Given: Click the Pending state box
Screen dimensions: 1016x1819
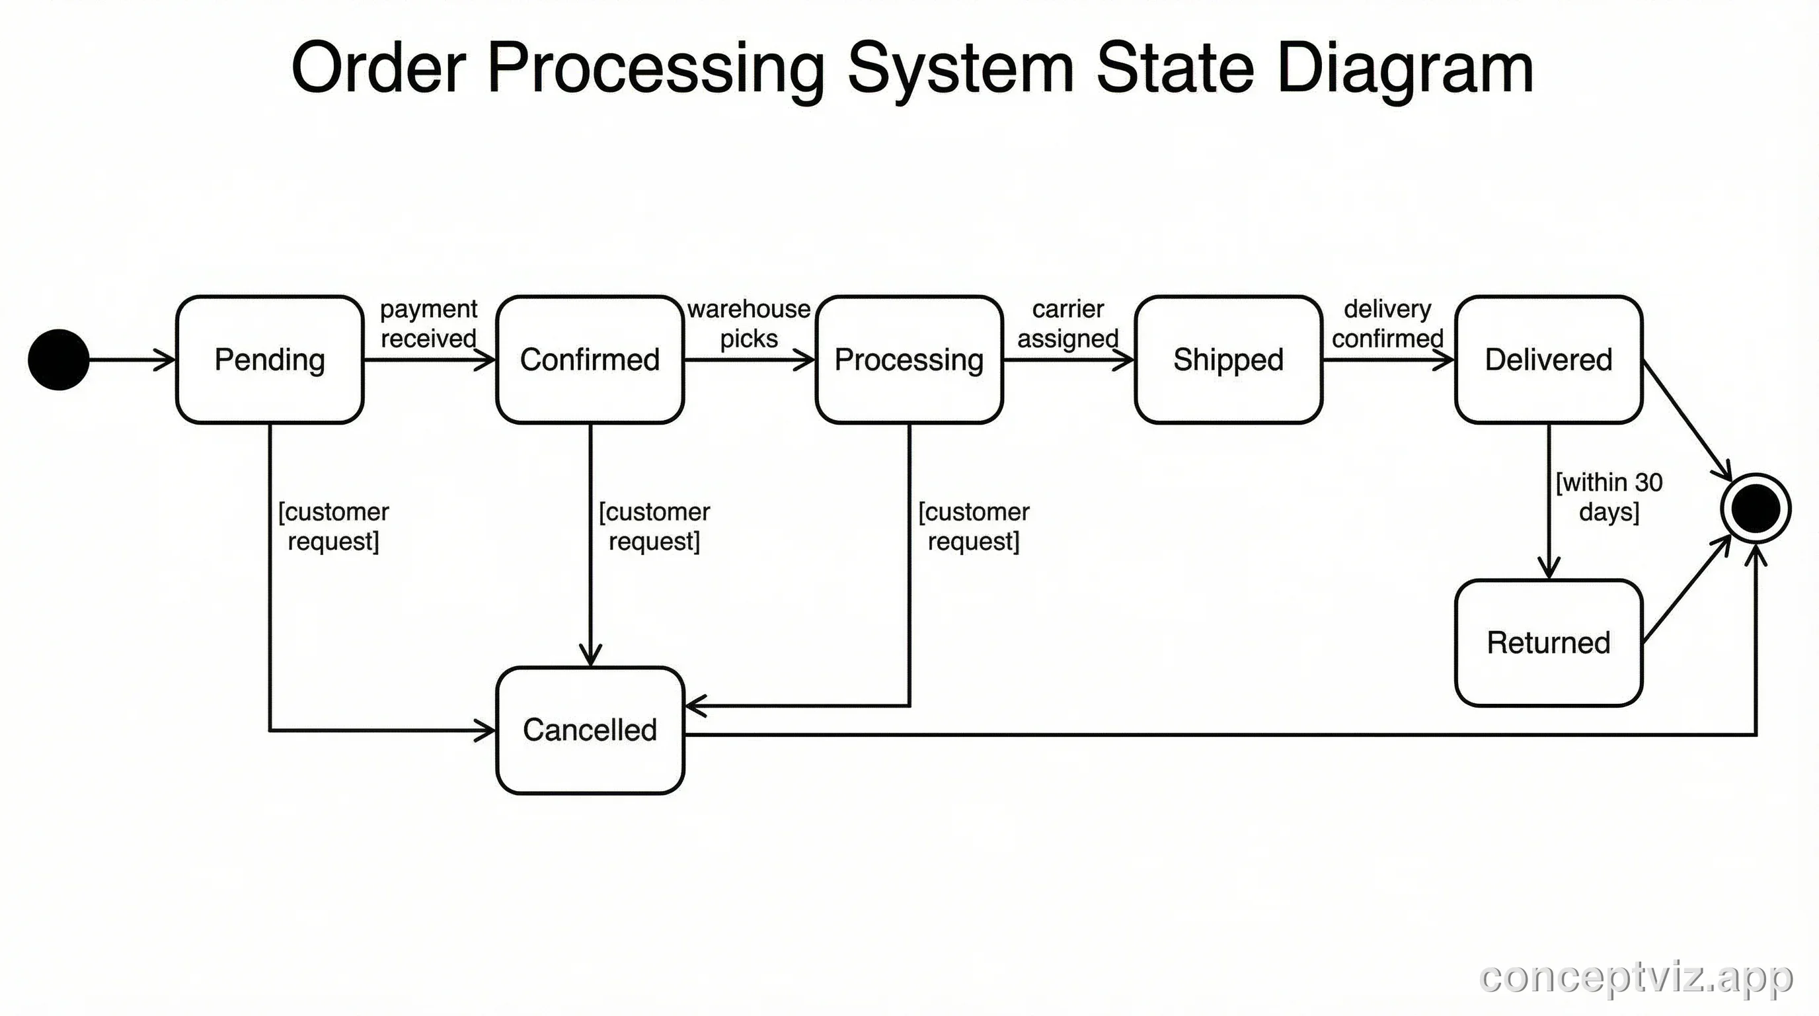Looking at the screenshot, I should point(269,360).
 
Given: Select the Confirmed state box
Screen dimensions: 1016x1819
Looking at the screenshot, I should point(590,360).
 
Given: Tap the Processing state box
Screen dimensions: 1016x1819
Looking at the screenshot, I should point(909,360).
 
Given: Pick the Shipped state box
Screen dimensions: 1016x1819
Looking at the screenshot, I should point(1228,360).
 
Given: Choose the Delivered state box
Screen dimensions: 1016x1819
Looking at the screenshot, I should point(1549,360).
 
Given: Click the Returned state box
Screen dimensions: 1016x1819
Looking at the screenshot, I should point(1549,643).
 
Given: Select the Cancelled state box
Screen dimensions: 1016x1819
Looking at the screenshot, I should point(590,730).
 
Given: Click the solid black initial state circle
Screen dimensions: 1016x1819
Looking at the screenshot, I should point(59,360).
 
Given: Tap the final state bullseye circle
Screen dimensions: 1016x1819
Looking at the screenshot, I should point(1756,508).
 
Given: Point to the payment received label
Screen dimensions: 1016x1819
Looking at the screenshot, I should point(428,323).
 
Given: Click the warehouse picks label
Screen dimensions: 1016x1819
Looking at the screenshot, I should point(748,323).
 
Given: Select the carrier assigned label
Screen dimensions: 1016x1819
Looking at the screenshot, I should point(1067,323).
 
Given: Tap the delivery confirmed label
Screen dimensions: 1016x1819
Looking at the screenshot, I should point(1387,323).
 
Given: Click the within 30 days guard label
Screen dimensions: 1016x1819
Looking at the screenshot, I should point(1609,497).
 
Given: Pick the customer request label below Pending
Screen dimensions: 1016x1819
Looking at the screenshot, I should point(333,527).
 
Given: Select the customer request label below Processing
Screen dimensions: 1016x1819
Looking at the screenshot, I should point(974,527).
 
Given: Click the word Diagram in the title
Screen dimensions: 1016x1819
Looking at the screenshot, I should point(1405,68).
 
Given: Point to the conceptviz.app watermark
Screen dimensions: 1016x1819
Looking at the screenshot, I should point(1635,977).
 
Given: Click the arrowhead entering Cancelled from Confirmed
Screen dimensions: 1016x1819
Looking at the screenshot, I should point(590,656).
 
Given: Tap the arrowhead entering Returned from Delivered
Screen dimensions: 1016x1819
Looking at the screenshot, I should point(1549,569).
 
